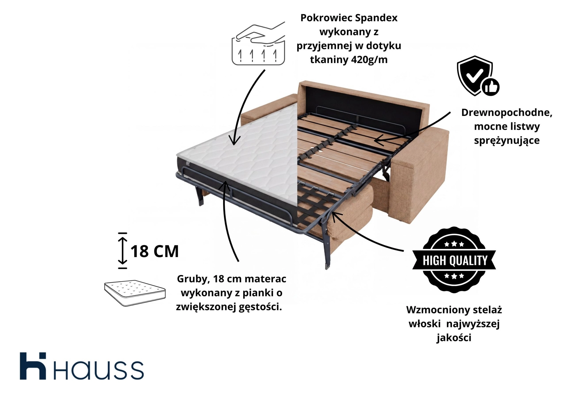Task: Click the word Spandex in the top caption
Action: (x=376, y=18)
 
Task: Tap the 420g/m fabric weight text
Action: (x=369, y=60)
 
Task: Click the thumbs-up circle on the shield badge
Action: (x=491, y=87)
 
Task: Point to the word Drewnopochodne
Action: (x=506, y=112)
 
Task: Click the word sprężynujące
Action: (x=506, y=140)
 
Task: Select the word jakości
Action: (x=454, y=338)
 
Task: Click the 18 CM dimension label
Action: (x=154, y=251)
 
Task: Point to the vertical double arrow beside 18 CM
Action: (x=122, y=251)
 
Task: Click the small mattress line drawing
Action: (x=135, y=293)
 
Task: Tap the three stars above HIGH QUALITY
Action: (x=454, y=244)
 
